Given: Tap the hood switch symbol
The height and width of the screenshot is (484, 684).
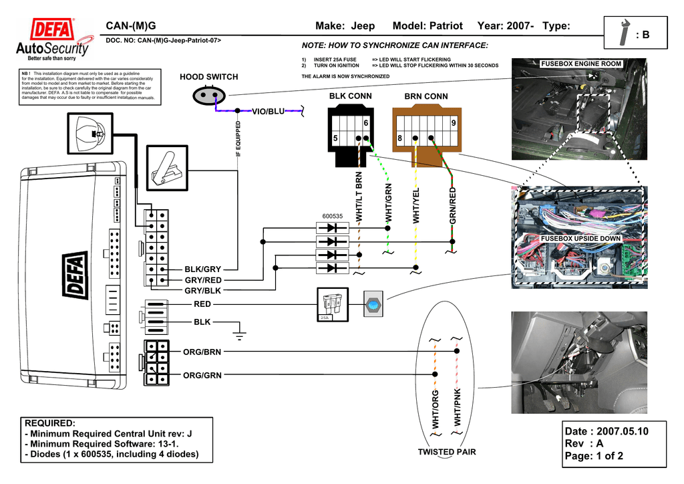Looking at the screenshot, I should point(206,96).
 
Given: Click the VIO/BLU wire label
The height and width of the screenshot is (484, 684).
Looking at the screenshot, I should point(267,111).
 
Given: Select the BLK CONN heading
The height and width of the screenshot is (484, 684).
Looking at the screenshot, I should point(350,96).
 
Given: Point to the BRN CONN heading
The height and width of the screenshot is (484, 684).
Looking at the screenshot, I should point(425,97).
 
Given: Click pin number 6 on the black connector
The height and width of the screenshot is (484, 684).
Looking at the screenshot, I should point(366,124).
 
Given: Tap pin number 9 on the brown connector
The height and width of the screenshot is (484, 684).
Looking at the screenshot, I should point(454,124).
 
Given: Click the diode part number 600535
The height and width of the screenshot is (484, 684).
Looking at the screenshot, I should point(332,217).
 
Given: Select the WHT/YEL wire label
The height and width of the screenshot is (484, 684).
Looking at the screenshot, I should point(416,206).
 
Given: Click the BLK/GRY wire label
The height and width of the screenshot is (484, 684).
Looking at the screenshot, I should point(202,269).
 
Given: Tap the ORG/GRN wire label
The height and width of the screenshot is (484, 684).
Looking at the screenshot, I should point(202,376).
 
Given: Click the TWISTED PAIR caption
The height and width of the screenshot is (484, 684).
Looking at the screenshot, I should point(447,453).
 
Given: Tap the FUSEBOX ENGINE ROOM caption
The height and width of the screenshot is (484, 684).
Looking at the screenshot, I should point(580,64).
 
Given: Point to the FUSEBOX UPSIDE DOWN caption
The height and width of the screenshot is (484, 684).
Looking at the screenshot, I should point(580,239).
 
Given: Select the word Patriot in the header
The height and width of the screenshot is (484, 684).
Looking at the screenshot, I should point(444,26).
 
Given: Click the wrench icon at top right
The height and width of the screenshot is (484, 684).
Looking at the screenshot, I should point(625,33).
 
